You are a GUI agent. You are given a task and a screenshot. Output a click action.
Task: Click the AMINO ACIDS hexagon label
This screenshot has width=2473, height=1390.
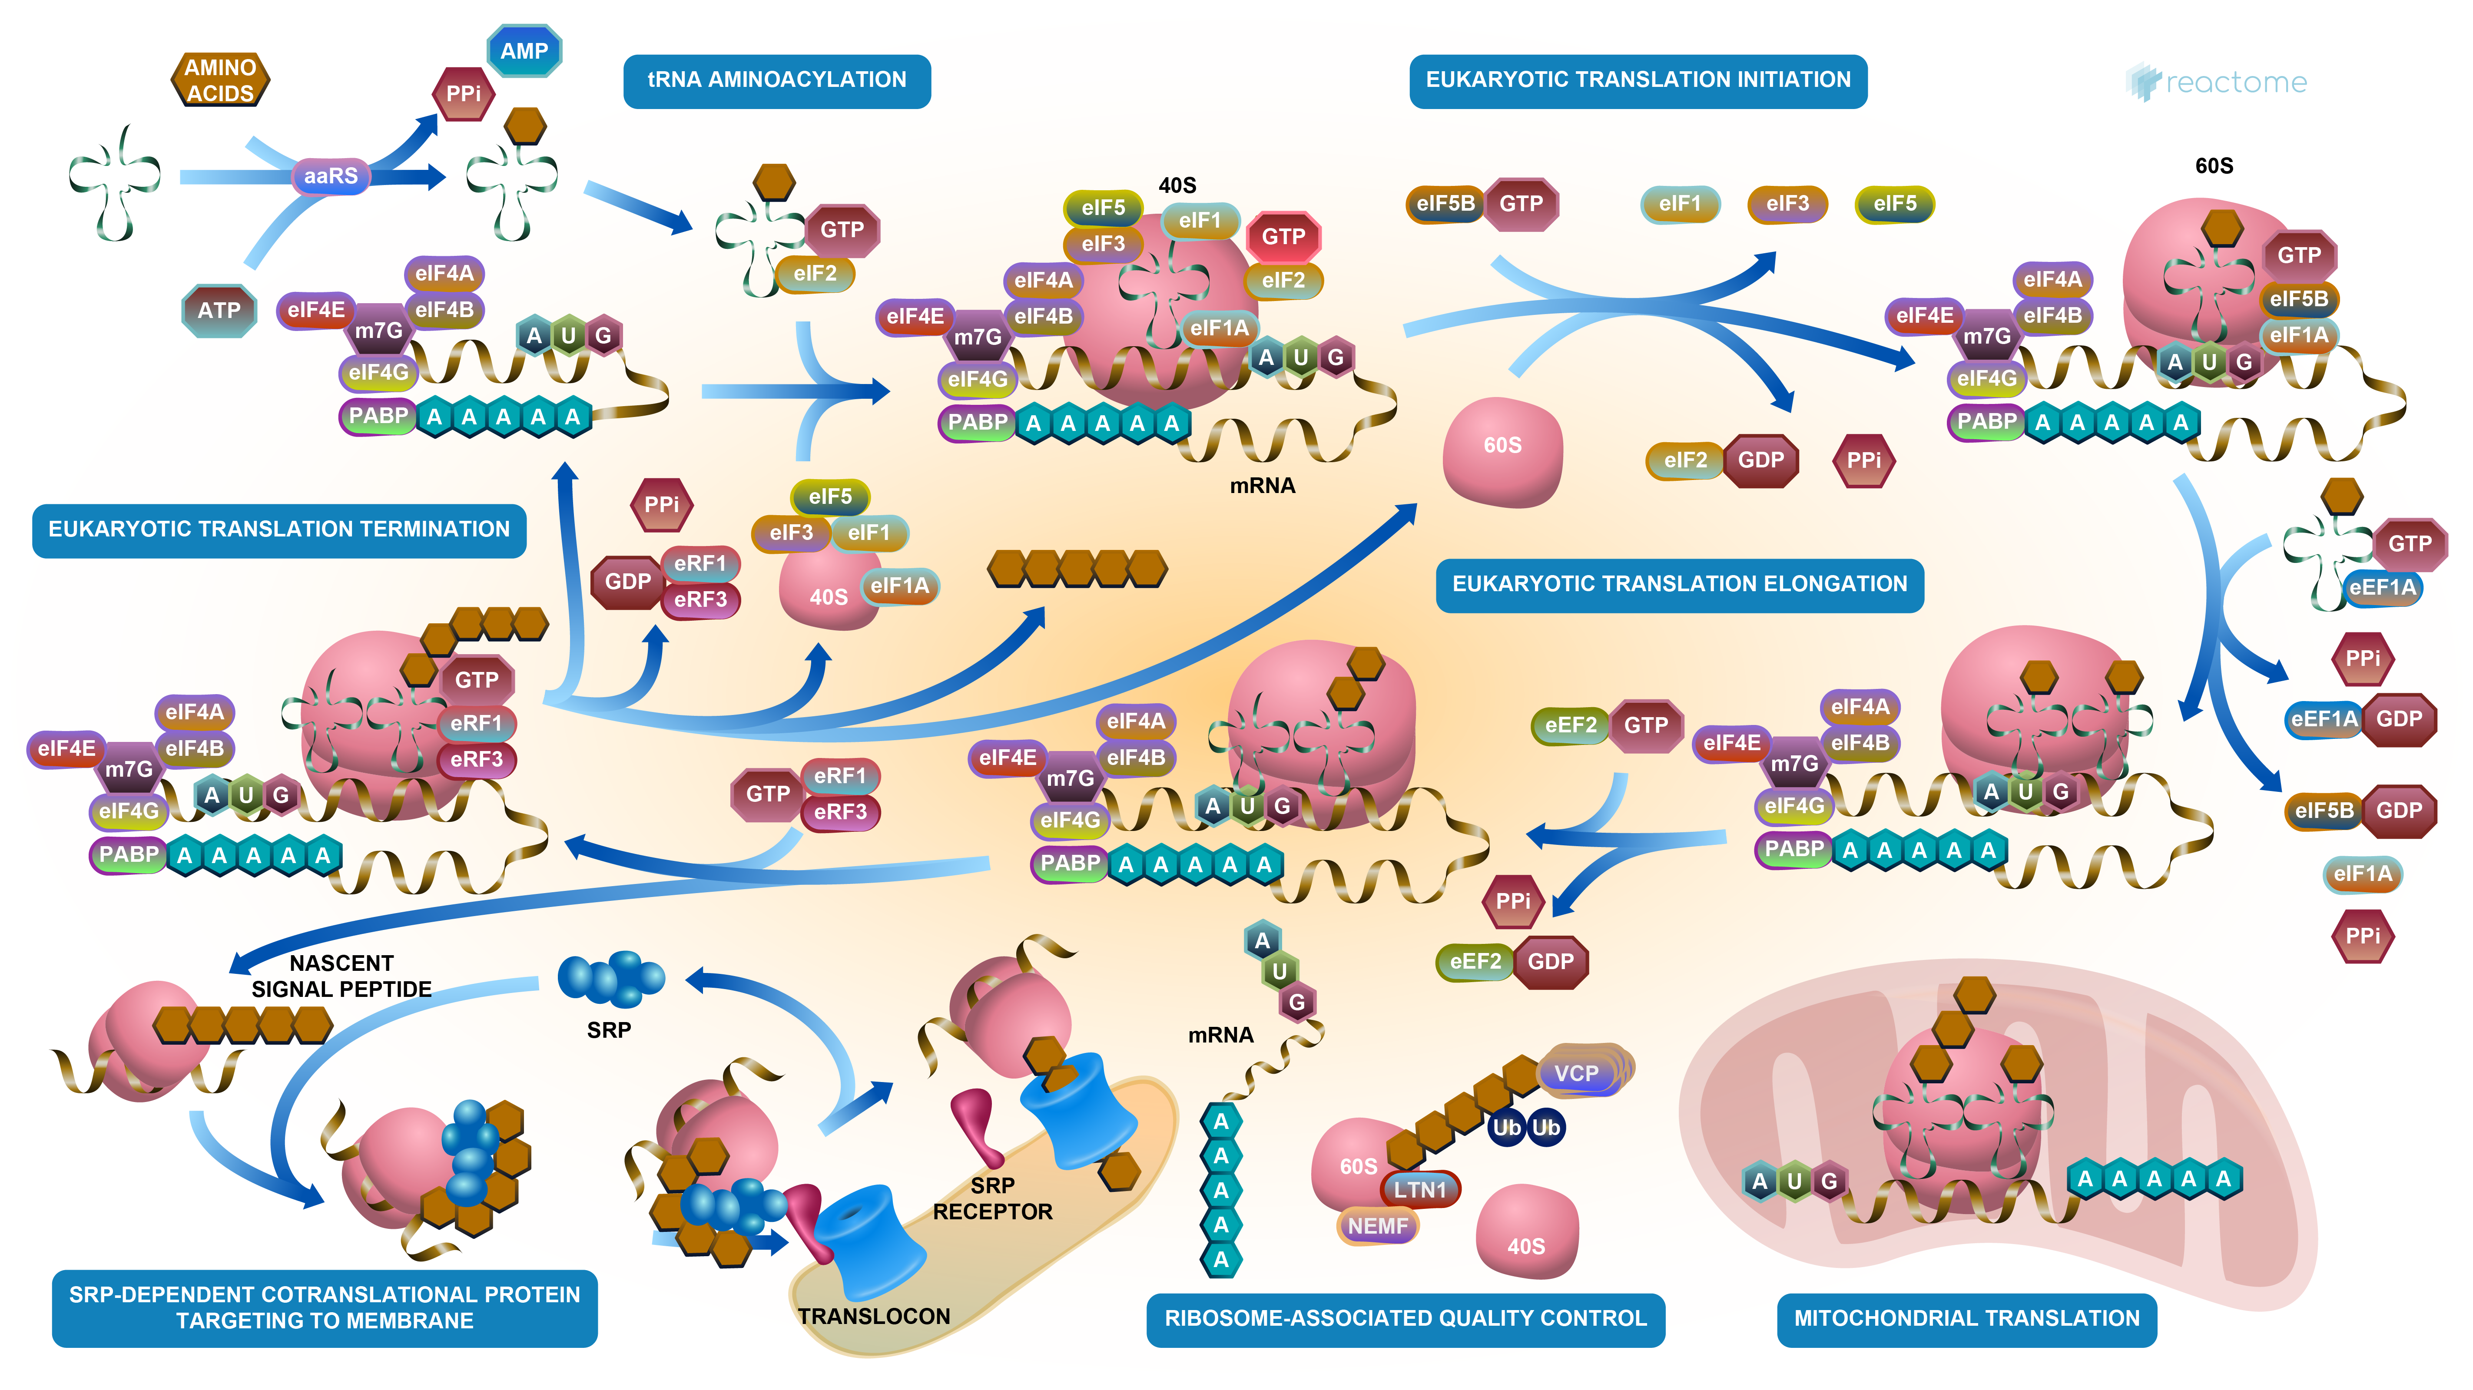pos(220,79)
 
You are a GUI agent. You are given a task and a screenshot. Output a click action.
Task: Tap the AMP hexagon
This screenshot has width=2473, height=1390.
pos(524,51)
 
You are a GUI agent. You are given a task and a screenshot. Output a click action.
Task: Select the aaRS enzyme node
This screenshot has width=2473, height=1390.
pos(330,175)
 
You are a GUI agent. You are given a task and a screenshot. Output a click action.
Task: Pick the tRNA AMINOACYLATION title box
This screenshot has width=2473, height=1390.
pos(777,79)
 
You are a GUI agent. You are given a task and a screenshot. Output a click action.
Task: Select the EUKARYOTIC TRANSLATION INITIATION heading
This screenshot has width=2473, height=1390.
pos(1638,79)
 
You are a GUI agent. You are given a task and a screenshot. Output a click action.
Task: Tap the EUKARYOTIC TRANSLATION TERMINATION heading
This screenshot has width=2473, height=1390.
pos(278,529)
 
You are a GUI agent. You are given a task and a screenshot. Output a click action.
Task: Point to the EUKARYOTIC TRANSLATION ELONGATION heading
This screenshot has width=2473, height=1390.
pos(1679,584)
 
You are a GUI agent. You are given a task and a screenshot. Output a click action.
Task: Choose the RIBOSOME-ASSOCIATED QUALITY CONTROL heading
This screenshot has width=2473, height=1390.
pos(1406,1318)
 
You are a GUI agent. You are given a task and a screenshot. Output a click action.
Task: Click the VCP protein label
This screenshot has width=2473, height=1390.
pos(1576,1073)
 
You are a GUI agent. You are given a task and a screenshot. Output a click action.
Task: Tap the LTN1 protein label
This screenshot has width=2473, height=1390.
pos(1420,1189)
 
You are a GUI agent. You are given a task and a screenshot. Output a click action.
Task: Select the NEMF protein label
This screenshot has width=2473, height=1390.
pos(1378,1226)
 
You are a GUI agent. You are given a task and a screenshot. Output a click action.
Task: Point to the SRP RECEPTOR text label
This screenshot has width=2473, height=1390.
pos(993,1199)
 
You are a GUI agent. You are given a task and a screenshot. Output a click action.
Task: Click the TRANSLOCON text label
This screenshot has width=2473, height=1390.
pos(874,1316)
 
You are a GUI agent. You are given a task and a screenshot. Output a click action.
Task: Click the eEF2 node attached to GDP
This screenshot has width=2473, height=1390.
pos(1475,961)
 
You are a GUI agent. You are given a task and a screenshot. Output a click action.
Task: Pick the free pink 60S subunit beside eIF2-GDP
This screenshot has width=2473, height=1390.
pos(1502,449)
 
